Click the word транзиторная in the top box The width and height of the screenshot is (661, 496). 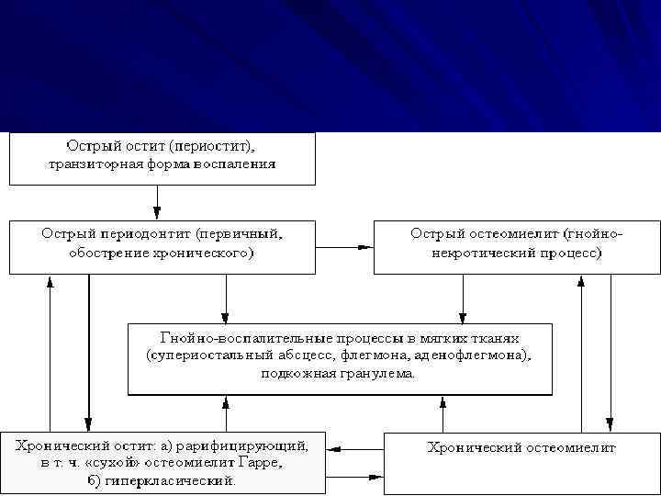(91, 165)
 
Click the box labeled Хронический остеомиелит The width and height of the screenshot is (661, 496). (521, 462)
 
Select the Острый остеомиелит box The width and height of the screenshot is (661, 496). (517, 245)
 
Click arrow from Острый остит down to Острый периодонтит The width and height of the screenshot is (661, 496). (158, 201)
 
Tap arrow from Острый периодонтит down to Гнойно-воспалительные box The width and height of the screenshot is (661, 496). (227, 298)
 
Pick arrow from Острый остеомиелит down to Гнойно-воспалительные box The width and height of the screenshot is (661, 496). (464, 298)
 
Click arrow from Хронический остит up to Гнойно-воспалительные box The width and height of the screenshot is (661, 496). (227, 412)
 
